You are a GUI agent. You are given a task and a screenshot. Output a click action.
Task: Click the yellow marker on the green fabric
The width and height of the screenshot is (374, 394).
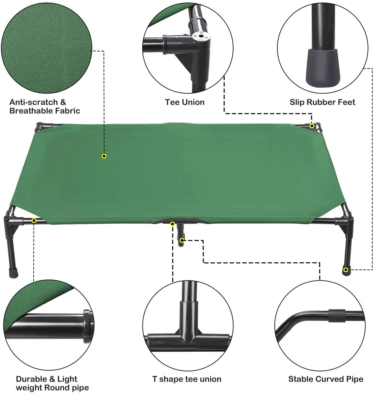click(104, 156)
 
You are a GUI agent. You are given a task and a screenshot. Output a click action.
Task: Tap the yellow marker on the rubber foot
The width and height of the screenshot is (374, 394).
click(345, 270)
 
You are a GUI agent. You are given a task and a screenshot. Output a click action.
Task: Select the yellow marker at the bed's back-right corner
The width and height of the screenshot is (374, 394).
click(312, 126)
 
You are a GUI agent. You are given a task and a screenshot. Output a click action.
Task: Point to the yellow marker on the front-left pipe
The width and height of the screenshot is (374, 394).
click(34, 221)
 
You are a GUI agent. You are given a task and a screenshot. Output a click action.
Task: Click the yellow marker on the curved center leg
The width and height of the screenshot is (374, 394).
click(182, 240)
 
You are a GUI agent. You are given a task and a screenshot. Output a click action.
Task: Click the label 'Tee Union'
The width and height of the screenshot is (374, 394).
click(185, 102)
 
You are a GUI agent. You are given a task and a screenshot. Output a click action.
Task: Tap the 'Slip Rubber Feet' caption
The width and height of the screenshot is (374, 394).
click(322, 102)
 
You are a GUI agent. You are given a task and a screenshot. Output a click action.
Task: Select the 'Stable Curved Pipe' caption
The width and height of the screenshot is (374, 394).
click(326, 379)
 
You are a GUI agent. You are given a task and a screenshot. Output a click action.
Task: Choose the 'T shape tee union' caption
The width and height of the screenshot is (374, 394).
click(187, 379)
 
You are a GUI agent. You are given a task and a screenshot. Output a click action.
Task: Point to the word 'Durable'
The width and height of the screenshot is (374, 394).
click(32, 379)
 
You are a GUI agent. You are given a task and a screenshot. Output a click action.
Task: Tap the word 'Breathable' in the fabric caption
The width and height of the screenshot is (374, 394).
click(31, 111)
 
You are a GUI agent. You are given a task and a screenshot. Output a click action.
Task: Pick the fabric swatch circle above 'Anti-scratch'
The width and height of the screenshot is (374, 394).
click(47, 48)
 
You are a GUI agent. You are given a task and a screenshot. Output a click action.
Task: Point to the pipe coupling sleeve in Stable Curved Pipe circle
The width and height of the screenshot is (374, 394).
click(337, 316)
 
